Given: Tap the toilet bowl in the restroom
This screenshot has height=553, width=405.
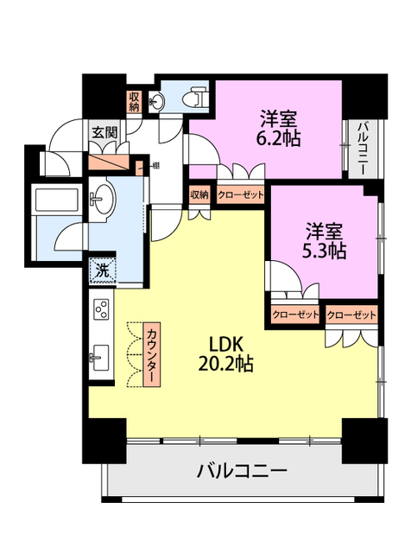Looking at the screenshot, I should tap(197, 100).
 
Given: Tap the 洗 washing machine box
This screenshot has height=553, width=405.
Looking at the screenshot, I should tap(102, 270).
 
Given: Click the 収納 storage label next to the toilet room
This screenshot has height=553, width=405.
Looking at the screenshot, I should tap(134, 102).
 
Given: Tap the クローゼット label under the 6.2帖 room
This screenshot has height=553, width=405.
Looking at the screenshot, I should tap(240, 194).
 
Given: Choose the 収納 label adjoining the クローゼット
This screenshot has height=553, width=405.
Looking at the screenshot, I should tap(200, 194).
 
